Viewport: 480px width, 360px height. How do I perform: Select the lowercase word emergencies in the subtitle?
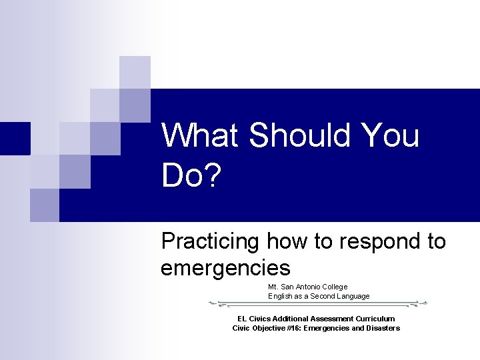coord(225,268)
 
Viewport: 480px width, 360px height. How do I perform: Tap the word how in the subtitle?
coord(287,241)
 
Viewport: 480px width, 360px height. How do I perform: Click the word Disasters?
coord(382,328)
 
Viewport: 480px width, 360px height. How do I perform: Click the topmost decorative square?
coord(135,72)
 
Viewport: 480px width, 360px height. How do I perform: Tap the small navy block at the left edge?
coord(15,139)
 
